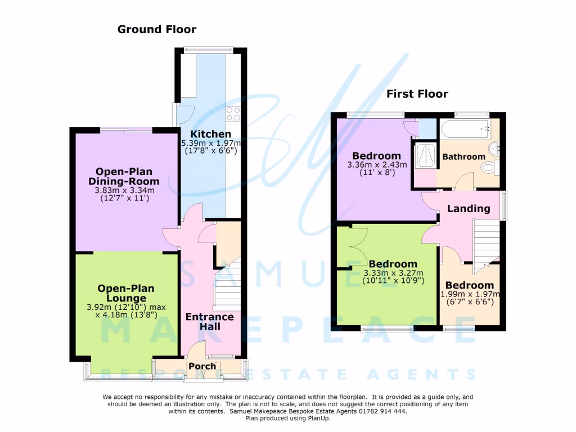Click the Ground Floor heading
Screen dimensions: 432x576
point(156,29)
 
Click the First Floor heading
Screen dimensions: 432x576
point(417,94)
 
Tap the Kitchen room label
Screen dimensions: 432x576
point(210,134)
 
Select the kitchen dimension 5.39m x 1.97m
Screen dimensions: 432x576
point(210,143)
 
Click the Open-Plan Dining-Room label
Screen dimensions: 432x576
point(124,176)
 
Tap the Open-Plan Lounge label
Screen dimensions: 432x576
point(121,292)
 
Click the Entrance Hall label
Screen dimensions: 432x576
point(210,322)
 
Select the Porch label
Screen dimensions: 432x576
point(202,366)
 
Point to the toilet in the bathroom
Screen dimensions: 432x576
point(489,167)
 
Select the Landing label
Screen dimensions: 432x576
point(469,209)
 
